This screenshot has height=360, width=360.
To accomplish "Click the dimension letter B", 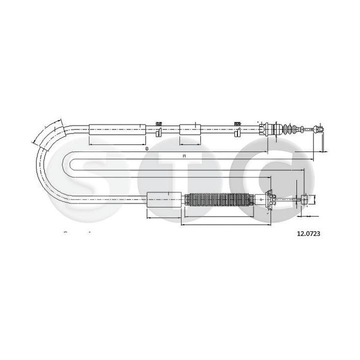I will pyautogui.click(x=146, y=149).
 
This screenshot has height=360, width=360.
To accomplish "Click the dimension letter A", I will pyautogui.click(x=184, y=156).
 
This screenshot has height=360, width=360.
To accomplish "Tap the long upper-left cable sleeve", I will pyautogui.click(x=117, y=129).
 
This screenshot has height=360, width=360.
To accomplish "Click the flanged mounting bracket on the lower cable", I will pyautogui.click(x=270, y=200).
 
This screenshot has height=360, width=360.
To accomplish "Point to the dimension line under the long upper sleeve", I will pyautogui.click(x=117, y=144).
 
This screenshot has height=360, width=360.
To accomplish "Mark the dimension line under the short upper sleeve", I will pyautogui.click(x=190, y=144).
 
